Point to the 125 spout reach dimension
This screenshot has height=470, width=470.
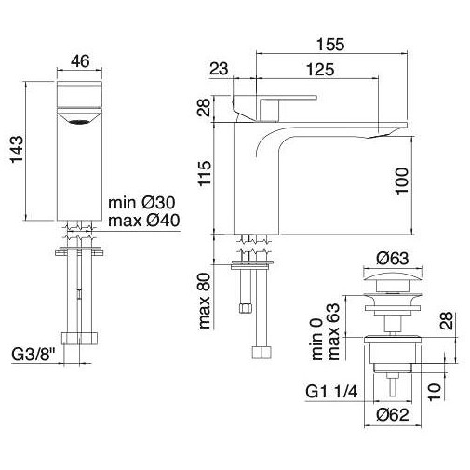319,70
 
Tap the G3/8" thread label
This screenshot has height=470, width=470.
32,356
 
